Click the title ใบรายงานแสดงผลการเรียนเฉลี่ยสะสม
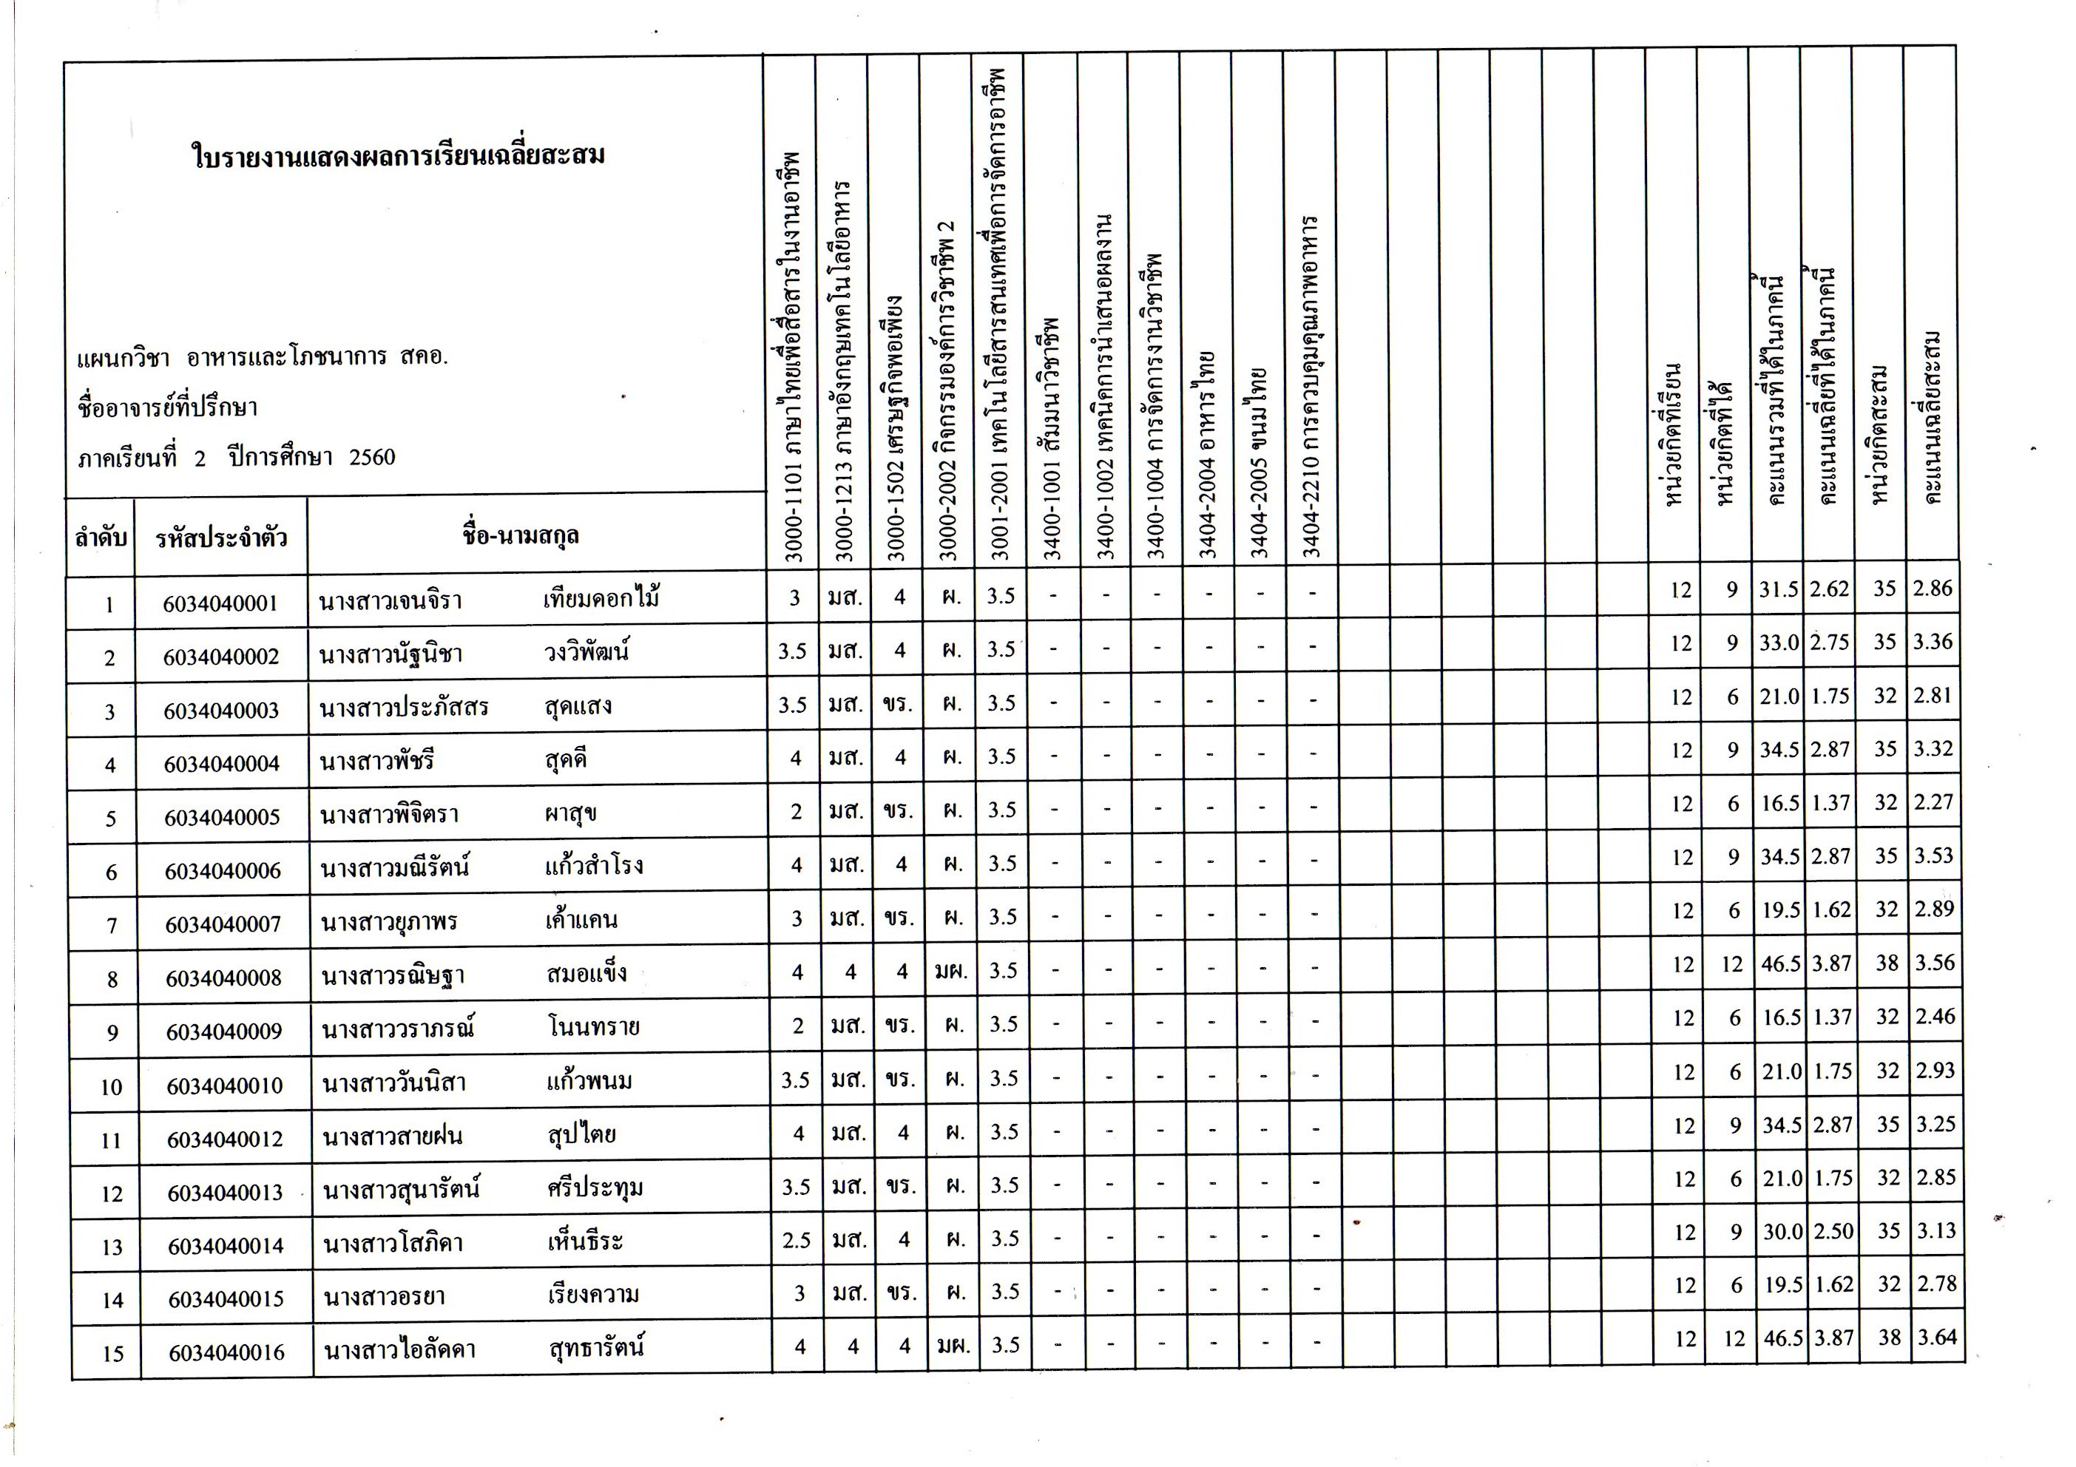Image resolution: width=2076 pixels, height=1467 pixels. point(398,155)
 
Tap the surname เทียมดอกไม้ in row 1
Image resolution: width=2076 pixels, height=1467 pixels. point(601,598)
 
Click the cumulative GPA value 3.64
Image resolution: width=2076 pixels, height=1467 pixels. point(1937,1337)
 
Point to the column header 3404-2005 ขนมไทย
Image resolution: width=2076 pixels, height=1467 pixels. point(1259,461)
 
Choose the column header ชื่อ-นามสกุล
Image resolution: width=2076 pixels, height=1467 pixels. point(520,536)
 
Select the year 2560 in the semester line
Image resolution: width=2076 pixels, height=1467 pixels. point(373,458)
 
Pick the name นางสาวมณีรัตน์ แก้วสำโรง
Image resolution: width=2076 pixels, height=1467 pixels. point(481,867)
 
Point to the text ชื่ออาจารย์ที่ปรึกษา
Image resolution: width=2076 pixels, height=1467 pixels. point(167,407)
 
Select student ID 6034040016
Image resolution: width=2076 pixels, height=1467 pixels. point(226,1353)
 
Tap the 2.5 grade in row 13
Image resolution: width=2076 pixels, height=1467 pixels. point(797,1240)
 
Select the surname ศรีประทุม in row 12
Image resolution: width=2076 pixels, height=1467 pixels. point(595,1187)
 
